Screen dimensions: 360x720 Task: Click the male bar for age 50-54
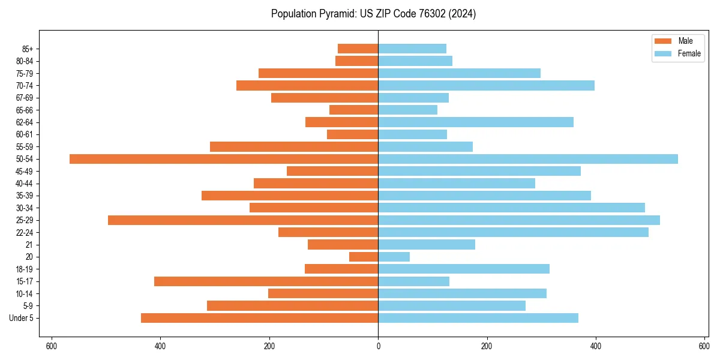pyautogui.click(x=224, y=159)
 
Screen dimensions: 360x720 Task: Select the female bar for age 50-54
pyautogui.click(x=528, y=159)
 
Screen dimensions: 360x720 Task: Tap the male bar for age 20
pyautogui.click(x=364, y=257)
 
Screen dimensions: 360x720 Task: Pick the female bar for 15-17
pyautogui.click(x=414, y=281)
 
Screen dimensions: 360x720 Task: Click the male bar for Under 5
pyautogui.click(x=259, y=318)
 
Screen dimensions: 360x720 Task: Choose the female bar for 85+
pyautogui.click(x=412, y=49)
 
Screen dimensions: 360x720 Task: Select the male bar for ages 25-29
pyautogui.click(x=243, y=220)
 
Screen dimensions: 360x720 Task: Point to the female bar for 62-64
pyautogui.click(x=476, y=122)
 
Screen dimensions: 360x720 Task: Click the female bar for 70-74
pyautogui.click(x=486, y=85)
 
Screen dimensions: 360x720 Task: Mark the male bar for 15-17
pyautogui.click(x=266, y=281)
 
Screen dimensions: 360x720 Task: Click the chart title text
pyautogui.click(x=373, y=14)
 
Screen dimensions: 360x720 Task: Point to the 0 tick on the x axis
pyautogui.click(x=378, y=346)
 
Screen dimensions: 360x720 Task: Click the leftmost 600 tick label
pyautogui.click(x=52, y=346)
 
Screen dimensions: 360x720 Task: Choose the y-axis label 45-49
pyautogui.click(x=25, y=171)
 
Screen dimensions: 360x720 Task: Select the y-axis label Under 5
pyautogui.click(x=22, y=318)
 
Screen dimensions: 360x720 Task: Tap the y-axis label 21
pyautogui.click(x=29, y=245)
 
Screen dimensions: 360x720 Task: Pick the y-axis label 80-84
pyautogui.click(x=25, y=61)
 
